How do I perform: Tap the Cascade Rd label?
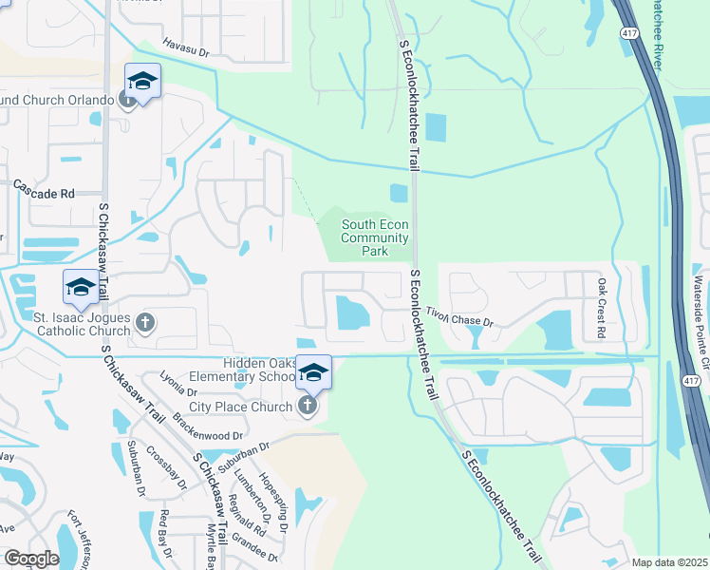click(44, 193)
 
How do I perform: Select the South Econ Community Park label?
click(375, 237)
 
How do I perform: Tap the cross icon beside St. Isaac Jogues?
click(145, 324)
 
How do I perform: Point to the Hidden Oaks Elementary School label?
click(260, 370)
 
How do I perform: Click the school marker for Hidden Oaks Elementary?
click(313, 371)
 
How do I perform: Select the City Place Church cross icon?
click(306, 407)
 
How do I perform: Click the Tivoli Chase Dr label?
click(459, 316)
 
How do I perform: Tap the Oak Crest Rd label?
click(601, 308)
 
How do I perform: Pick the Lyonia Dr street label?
click(178, 385)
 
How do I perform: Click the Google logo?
click(30, 559)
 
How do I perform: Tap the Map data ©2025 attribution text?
click(669, 562)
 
